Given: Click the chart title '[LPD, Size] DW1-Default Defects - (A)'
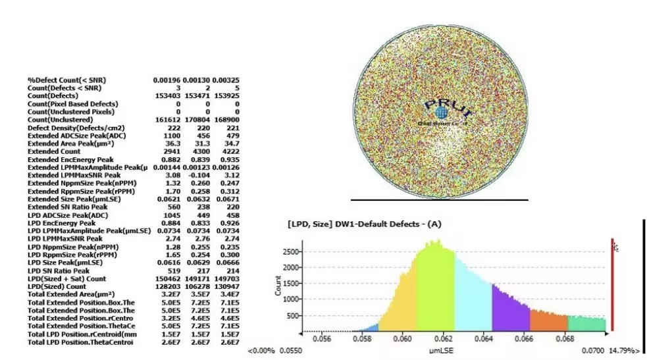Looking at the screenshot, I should [364, 224].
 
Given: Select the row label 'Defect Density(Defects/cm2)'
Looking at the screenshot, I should [76, 128].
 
